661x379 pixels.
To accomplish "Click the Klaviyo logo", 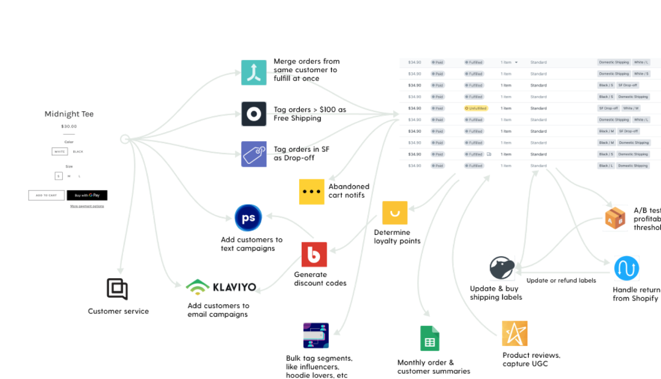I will coord(224,286).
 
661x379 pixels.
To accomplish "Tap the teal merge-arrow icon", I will coord(253,73).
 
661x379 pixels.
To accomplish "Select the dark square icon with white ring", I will coord(253,114).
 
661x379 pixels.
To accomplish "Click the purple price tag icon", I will coord(253,154).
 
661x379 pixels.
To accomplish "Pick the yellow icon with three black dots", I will coord(312,191).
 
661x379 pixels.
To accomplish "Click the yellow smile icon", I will coord(395,213).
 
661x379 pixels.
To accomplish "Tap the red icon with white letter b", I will coord(314,255).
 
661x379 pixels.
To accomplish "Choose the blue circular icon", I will coord(248,218).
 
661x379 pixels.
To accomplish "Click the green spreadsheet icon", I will coord(429,339).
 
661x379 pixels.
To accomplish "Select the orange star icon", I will coord(514,333).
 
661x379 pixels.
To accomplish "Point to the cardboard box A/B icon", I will coord(615,219).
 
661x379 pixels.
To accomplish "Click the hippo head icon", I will coord(502,268).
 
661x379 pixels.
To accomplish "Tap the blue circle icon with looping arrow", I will coord(627,268).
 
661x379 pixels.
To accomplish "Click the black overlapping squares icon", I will coord(117,289).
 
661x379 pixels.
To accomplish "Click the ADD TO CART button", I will coord(46,195).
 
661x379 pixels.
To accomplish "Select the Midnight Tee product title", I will coord(69,114).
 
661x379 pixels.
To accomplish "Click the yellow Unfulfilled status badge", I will coord(476,108).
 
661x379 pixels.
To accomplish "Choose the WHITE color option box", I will coord(60,151).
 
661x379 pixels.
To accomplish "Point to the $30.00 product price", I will coord(69,126).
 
